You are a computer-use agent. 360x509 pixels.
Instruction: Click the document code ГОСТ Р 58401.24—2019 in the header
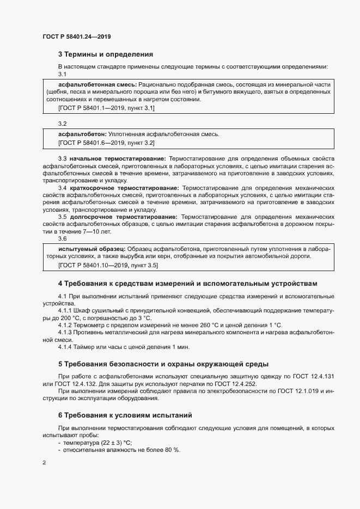point(77,36)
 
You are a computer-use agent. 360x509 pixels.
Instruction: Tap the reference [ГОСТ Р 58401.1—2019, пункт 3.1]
point(106,108)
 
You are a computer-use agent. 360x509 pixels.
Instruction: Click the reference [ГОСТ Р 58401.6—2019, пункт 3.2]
point(106,143)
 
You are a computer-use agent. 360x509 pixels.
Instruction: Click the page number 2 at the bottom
point(44,463)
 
